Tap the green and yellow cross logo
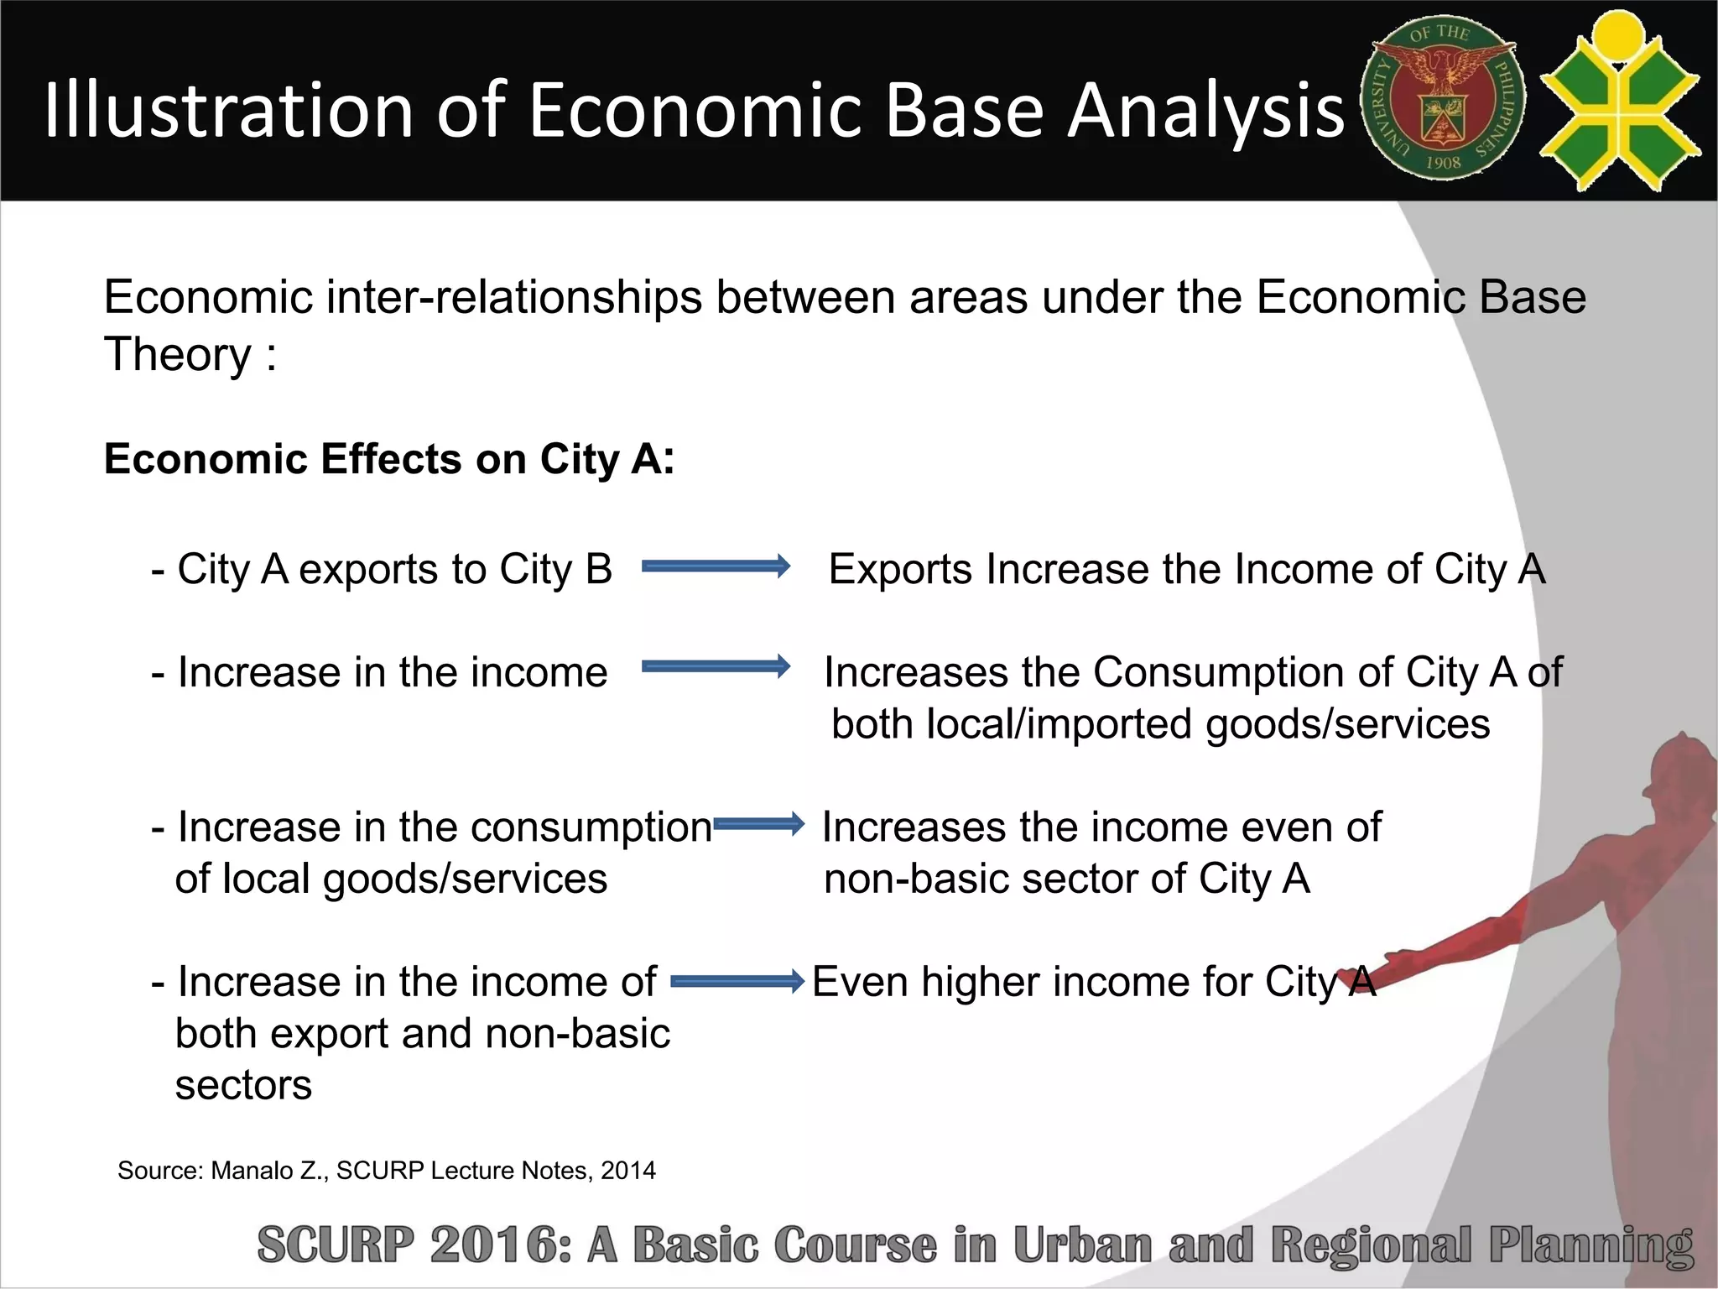coord(1620,101)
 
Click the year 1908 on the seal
coord(1443,163)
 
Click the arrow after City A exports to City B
coord(716,566)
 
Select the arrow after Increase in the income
coord(716,667)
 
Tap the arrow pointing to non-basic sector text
coord(758,824)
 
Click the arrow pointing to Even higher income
coord(737,980)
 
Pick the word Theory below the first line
coord(177,355)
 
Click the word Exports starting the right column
coord(901,570)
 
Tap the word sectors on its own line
coord(243,1085)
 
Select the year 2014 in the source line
coord(627,1171)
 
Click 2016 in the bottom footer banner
coord(500,1245)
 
